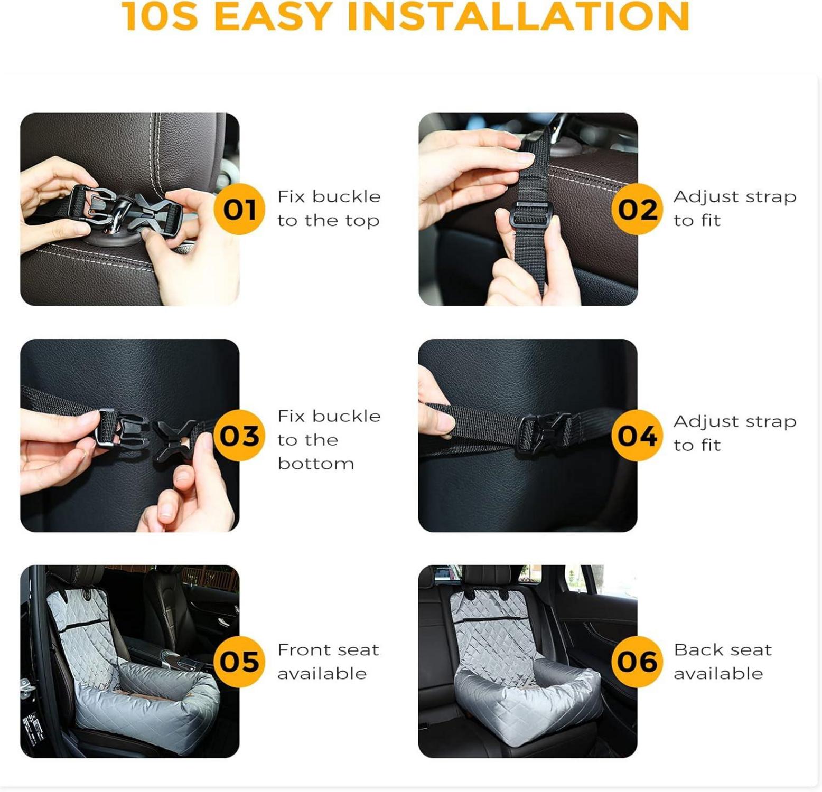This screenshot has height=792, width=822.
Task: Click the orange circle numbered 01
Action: click(x=239, y=209)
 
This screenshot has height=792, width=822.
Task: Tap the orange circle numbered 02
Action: click(x=637, y=209)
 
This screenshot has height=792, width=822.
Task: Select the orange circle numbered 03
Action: click(x=239, y=435)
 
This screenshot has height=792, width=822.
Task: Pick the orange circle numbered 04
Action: click(x=637, y=435)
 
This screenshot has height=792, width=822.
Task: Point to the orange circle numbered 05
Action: click(x=239, y=661)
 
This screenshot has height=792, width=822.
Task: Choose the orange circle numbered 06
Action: click(x=637, y=661)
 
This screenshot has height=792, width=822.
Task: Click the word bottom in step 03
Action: click(x=315, y=464)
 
